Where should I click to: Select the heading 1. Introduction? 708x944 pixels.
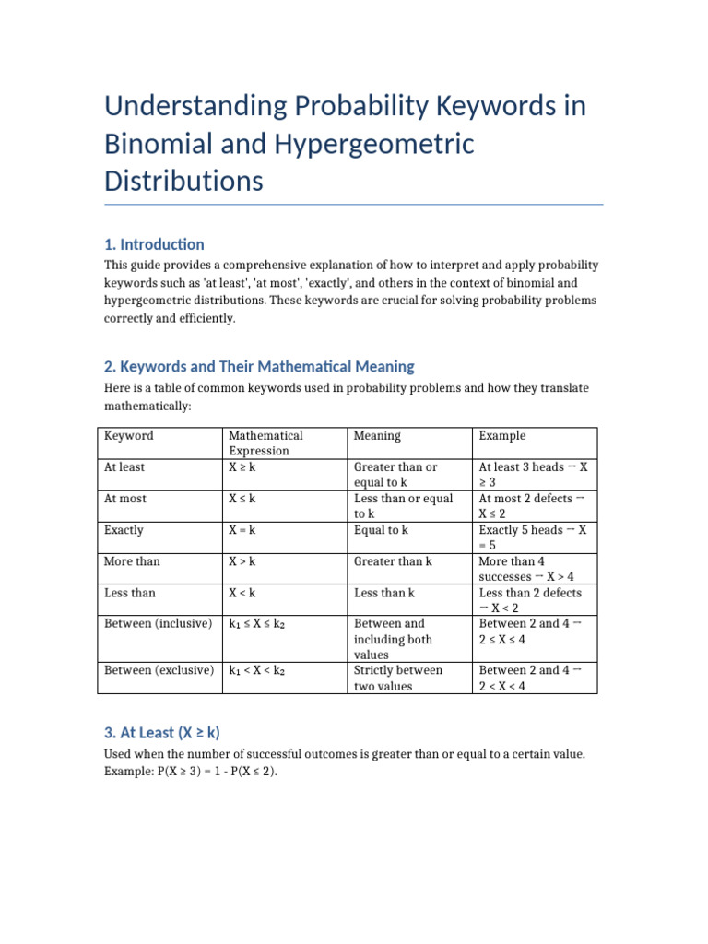click(154, 244)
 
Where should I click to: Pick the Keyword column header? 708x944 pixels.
click(129, 435)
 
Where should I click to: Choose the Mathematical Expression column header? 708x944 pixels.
click(265, 442)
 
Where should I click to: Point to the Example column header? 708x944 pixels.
click(501, 435)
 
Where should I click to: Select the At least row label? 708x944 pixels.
click(124, 467)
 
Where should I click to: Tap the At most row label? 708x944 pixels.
click(125, 499)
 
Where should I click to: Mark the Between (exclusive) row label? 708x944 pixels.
click(159, 670)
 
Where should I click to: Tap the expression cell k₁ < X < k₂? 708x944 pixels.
click(257, 671)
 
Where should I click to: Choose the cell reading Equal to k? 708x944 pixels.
click(381, 530)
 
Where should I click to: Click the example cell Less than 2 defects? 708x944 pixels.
click(530, 600)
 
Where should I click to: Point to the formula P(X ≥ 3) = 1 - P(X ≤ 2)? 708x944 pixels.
click(191, 771)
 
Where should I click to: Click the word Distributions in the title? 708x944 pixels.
click(183, 181)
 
